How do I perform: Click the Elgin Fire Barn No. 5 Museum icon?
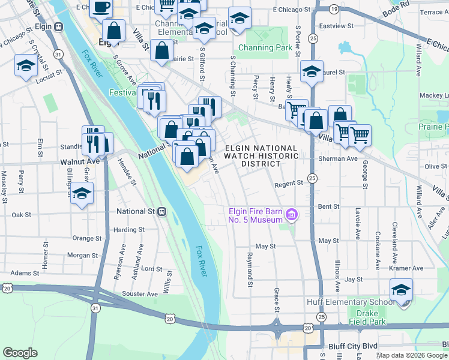point(292,214)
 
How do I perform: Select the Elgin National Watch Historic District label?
point(261,156)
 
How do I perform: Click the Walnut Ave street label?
point(80,162)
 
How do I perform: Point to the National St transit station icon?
point(161,211)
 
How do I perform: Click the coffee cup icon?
point(100,7)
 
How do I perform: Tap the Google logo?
point(20,353)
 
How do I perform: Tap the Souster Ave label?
point(139,293)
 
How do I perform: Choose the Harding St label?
point(129,229)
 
